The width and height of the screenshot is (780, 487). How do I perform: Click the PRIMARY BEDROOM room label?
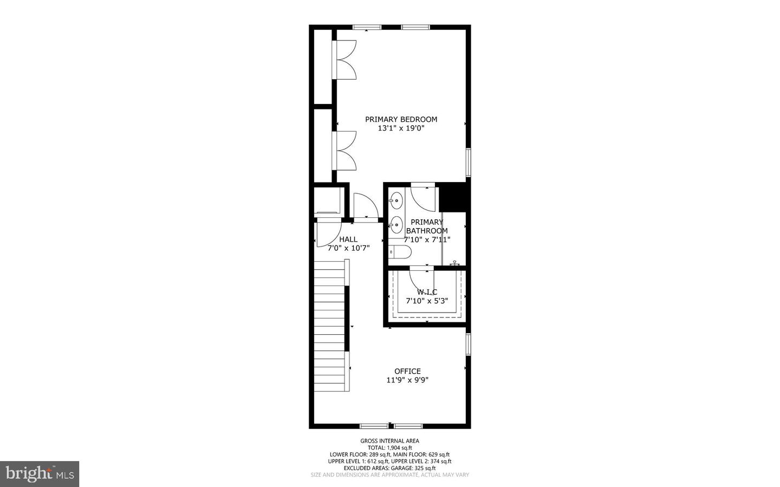click(401, 119)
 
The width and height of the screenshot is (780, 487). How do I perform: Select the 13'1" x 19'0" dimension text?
click(401, 128)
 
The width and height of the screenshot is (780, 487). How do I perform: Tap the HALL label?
click(348, 239)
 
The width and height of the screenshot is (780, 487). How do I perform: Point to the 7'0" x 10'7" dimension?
click(348, 248)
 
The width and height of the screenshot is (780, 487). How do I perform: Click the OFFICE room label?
click(407, 371)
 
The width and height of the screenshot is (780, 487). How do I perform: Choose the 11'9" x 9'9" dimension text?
click(407, 380)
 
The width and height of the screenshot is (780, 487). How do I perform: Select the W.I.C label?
click(427, 292)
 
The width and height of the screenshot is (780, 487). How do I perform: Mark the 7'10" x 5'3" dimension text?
click(427, 301)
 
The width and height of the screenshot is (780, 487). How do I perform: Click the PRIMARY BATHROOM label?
click(427, 226)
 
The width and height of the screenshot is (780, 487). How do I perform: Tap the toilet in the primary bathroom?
click(400, 252)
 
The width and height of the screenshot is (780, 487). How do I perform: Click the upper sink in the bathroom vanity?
click(396, 200)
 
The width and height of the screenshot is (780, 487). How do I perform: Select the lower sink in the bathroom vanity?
click(396, 224)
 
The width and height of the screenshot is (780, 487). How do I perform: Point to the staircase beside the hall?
click(330, 325)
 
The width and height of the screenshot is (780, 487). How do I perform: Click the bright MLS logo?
click(40, 474)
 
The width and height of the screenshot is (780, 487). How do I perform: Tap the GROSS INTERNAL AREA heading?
click(389, 441)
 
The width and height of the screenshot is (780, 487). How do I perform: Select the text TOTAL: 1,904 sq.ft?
click(389, 447)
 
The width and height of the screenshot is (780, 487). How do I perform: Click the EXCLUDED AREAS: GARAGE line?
click(389, 468)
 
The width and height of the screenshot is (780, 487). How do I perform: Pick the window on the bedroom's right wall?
click(469, 163)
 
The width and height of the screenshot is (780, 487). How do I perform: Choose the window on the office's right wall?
click(469, 344)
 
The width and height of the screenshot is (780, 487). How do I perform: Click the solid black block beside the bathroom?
click(453, 197)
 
